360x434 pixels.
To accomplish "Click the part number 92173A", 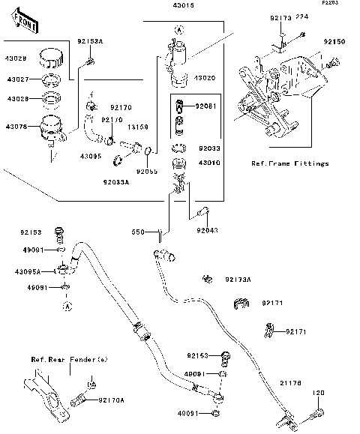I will coord(238,280).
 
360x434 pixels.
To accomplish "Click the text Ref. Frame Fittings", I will coord(290,163).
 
